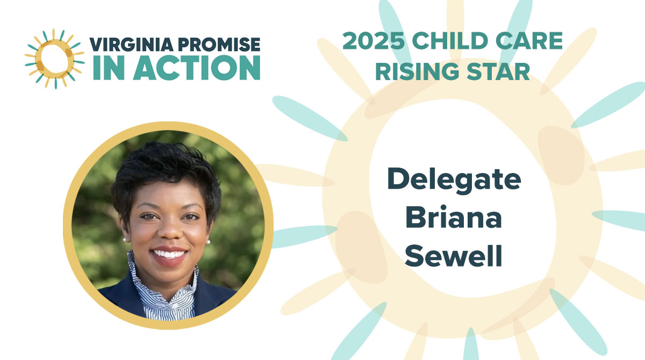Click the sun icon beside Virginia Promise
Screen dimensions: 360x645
click(54, 59)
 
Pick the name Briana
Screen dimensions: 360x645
click(454, 219)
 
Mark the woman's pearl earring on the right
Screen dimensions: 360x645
click(208, 241)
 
